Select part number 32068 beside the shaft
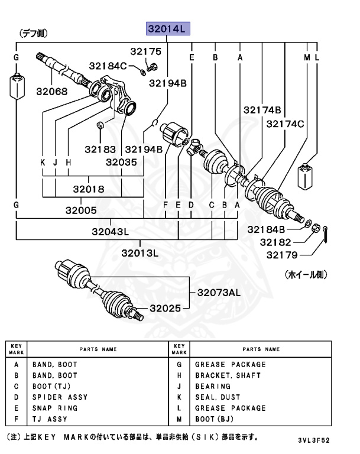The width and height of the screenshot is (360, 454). coord(51,92)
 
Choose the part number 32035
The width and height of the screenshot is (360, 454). coord(121,161)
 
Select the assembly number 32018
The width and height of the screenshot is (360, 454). coord(89,190)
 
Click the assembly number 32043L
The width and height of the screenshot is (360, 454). coord(111,232)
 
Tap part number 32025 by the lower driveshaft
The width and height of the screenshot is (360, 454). coord(165,308)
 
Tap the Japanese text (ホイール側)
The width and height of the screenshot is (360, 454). coord(306,274)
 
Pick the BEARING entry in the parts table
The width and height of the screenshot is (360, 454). coord(214,387)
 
